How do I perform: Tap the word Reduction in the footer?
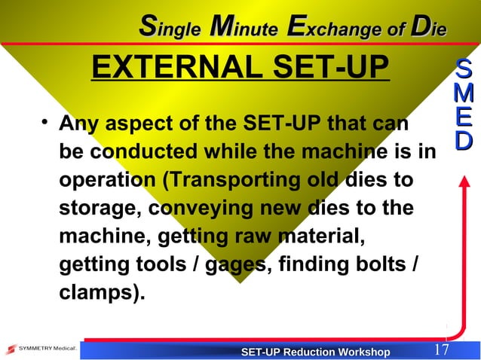(314, 352)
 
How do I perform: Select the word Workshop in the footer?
(365, 352)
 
